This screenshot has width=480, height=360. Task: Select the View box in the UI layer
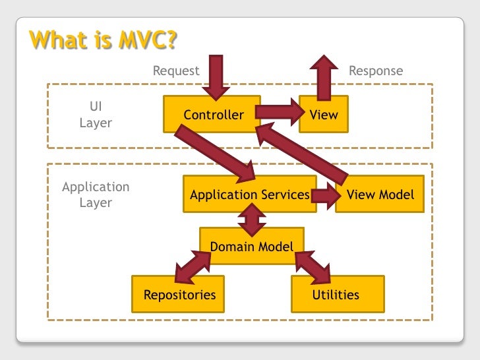pyautogui.click(x=323, y=115)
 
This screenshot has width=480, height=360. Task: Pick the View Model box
pyautogui.click(x=380, y=195)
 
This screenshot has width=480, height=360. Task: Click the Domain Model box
pyautogui.click(x=252, y=247)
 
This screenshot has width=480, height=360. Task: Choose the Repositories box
pyautogui.click(x=179, y=294)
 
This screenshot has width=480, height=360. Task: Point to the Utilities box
pyautogui.click(x=336, y=294)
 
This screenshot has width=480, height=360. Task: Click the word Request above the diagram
pyautogui.click(x=176, y=71)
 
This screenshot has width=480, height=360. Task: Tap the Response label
pyautogui.click(x=375, y=71)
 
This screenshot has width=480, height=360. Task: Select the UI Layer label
pyautogui.click(x=96, y=115)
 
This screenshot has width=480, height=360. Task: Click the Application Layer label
pyautogui.click(x=96, y=195)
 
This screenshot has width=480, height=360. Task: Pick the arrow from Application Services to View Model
pyautogui.click(x=323, y=195)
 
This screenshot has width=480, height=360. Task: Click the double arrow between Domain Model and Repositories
pyautogui.click(x=193, y=266)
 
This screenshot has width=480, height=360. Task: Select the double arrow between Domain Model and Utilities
pyautogui.click(x=313, y=265)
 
